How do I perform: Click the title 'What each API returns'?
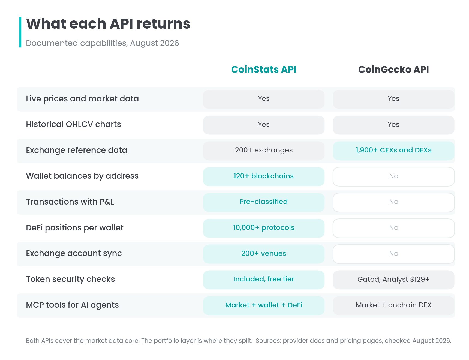(x=108, y=24)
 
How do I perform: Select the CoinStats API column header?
(x=264, y=70)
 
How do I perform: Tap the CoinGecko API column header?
(x=393, y=70)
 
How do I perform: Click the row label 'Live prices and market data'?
(x=82, y=99)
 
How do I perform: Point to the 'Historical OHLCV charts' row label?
(x=73, y=124)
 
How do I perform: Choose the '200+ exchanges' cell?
(x=264, y=151)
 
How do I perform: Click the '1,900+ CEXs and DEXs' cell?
(x=393, y=151)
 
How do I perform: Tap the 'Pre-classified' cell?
(x=264, y=202)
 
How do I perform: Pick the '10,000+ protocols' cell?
(x=264, y=228)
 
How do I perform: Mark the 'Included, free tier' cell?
(x=264, y=280)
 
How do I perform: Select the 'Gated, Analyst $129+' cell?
(x=393, y=280)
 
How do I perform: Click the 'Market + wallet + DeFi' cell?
(x=264, y=305)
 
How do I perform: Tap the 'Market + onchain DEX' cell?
(x=393, y=305)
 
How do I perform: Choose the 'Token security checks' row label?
(x=70, y=279)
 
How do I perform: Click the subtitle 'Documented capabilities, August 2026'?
(x=103, y=43)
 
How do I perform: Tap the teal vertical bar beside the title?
(x=20, y=32)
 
